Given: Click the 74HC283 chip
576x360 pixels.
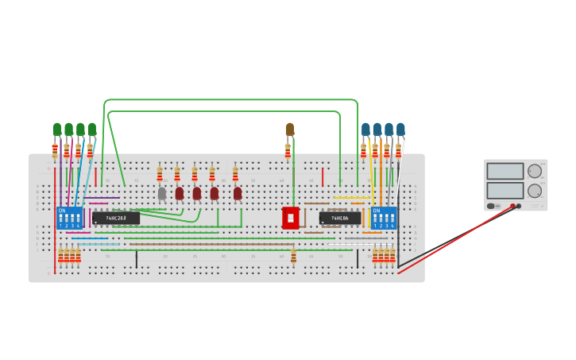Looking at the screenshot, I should coord(116,218).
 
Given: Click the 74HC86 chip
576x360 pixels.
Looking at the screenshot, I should coord(340,218).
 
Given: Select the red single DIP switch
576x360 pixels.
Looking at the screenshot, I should coord(290,218).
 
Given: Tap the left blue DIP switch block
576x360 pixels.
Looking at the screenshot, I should coord(69,218).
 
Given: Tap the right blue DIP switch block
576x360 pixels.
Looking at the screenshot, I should coord(383,218).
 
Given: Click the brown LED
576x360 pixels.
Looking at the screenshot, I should coord(290,129).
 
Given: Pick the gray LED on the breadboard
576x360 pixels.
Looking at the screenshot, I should coord(162,193).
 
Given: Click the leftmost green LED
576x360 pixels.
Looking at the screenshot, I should coord(57,129).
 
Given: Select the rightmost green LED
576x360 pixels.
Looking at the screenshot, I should coord(91,129).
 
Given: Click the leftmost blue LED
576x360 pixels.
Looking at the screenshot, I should coord(365,129).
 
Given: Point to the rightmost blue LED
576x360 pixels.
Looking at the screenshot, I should coord(400,129).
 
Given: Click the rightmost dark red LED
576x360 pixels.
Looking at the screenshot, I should coord(238,193).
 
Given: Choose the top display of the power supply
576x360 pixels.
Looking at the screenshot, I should coord(505,172).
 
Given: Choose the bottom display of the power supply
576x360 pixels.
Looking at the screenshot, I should coord(505,191).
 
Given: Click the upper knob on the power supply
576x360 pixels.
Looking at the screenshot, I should coord(535,171).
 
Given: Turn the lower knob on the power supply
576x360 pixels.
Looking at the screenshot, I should coord(535,191).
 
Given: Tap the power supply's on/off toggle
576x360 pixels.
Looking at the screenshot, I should coord(492,206).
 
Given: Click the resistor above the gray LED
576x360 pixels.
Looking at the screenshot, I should coord(160,174).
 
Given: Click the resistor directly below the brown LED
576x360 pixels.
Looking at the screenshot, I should coord(288,150).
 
